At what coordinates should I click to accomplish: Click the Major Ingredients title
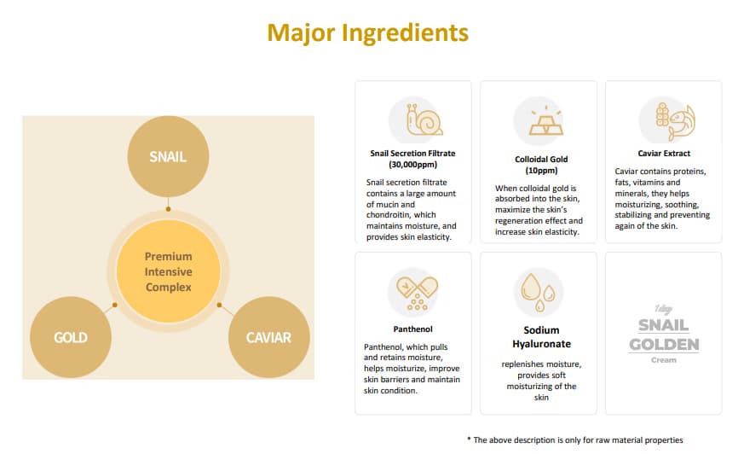[367, 33]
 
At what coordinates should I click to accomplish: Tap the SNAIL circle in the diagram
[168, 157]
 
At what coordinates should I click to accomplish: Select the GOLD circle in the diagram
[71, 337]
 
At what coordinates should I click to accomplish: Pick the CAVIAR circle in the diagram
[269, 337]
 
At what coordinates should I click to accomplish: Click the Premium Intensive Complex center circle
[169, 271]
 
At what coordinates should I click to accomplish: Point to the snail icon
[424, 119]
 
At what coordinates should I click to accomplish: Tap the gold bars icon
[546, 120]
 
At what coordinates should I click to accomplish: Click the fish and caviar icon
[675, 120]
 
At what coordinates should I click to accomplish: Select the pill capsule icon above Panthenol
[417, 292]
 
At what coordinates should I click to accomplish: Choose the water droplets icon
[538, 292]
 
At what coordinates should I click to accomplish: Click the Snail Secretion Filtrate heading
[412, 154]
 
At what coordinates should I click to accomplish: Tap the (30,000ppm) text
[412, 165]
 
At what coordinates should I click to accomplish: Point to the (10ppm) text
[541, 171]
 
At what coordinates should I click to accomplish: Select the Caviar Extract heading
[664, 154]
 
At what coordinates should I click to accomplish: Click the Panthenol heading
[412, 329]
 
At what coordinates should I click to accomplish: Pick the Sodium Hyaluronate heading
[541, 337]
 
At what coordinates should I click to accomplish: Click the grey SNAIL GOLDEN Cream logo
[664, 335]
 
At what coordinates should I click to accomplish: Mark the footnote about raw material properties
[575, 440]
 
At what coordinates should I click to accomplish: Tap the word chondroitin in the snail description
[388, 215]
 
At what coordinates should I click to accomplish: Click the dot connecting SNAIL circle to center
[168, 209]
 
